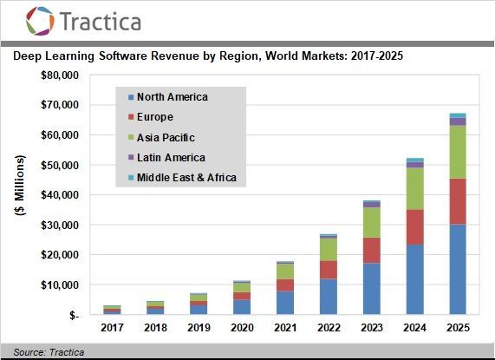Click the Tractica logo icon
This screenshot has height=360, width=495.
coord(41,21)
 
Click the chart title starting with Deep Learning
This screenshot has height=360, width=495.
coord(207,56)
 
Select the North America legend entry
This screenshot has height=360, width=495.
coord(172,97)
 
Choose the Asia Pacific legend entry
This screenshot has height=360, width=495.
coord(166,137)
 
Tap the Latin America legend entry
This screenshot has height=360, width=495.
coord(171,157)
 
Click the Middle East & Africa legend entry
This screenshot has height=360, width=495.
coord(186,178)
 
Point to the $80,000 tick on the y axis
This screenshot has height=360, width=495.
coord(60,75)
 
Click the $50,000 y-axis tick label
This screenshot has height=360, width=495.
coord(60,165)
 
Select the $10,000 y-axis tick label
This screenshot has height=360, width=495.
coord(60,285)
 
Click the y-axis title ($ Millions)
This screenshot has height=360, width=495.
coord(20,194)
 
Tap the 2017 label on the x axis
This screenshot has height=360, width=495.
coord(113,328)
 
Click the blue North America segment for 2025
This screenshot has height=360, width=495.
coord(457,269)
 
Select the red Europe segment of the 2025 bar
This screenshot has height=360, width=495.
coord(457,201)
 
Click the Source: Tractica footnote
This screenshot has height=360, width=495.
coord(42,351)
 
